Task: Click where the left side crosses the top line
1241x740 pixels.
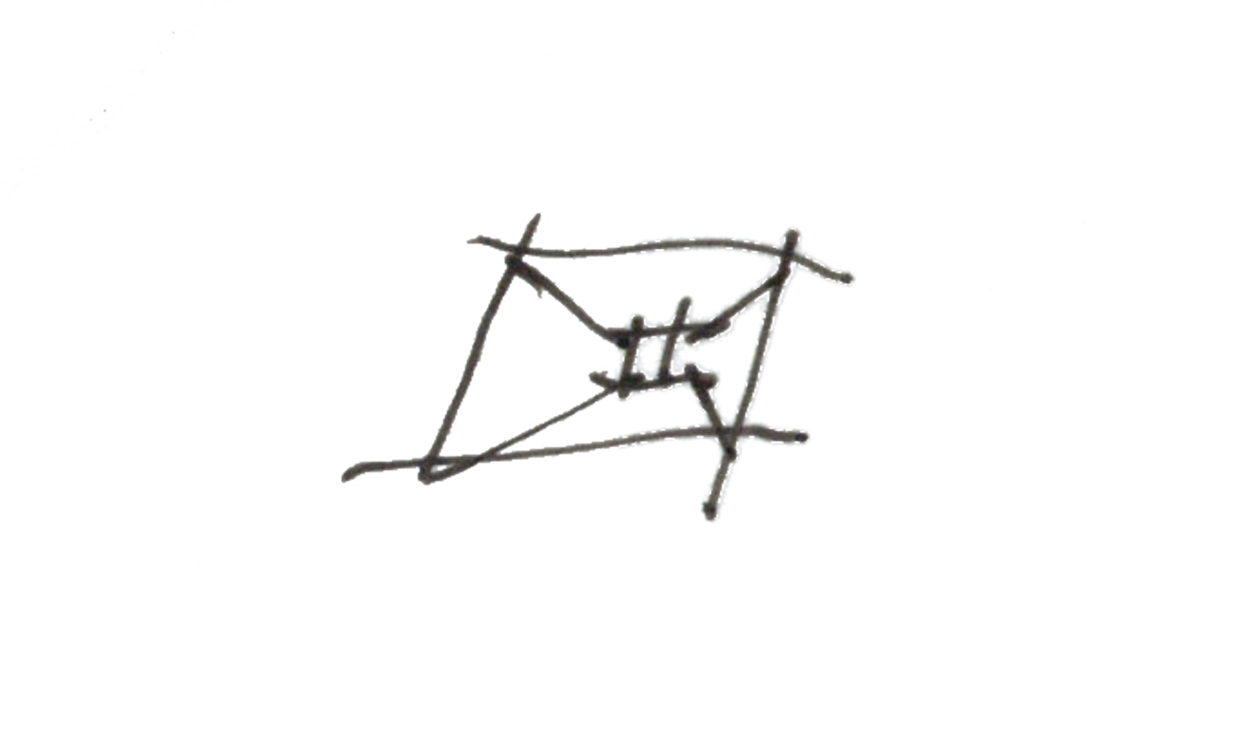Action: (x=518, y=254)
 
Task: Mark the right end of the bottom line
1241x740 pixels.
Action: (x=803, y=437)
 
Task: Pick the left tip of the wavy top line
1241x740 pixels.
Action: (x=471, y=241)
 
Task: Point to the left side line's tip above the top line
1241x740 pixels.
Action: (x=537, y=217)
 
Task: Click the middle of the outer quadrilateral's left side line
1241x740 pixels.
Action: (x=474, y=361)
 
